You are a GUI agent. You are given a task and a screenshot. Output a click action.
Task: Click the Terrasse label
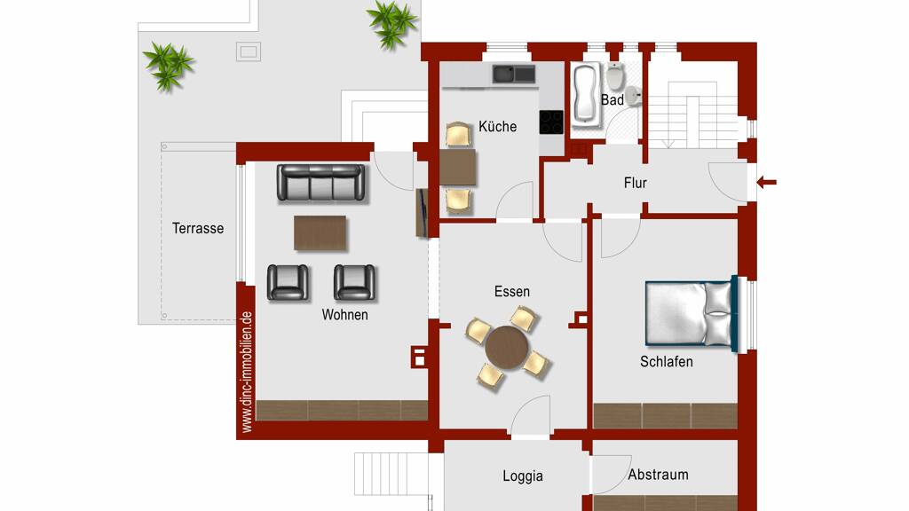click(x=198, y=228)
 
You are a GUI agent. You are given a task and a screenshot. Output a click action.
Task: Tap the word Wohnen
click(x=345, y=315)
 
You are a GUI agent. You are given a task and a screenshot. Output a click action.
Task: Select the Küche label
click(x=497, y=126)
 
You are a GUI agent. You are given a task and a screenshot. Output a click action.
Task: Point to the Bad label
click(x=613, y=100)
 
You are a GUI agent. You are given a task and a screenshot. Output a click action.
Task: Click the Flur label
click(x=636, y=183)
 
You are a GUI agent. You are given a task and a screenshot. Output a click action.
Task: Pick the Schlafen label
click(x=667, y=362)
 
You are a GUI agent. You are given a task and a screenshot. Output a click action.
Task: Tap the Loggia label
click(x=523, y=476)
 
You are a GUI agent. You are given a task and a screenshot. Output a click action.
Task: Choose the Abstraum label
click(x=659, y=475)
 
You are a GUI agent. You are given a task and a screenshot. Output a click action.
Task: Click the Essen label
click(x=512, y=291)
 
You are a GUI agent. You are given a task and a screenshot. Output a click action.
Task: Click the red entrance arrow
click(x=766, y=183)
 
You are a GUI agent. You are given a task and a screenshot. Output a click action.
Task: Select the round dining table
click(x=507, y=348)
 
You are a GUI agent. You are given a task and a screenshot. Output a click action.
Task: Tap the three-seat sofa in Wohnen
click(x=321, y=183)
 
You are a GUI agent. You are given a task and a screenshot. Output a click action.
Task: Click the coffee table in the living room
click(x=320, y=233)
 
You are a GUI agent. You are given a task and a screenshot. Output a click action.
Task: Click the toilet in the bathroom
click(x=615, y=76)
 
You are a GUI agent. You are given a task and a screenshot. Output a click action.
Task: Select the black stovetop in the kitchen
click(x=551, y=122)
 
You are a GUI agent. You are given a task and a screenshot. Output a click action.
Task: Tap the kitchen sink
click(x=514, y=75)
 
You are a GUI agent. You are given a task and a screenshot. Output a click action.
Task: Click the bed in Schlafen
click(x=692, y=313)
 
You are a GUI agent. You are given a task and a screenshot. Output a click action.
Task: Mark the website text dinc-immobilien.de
click(x=247, y=372)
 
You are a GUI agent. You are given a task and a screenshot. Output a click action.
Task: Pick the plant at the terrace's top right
click(x=392, y=23)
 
